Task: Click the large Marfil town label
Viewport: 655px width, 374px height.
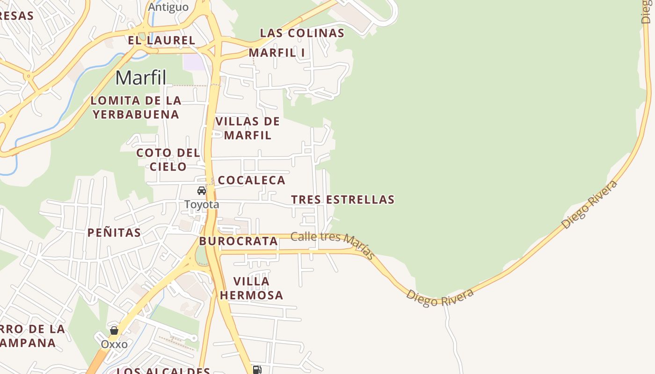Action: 141,78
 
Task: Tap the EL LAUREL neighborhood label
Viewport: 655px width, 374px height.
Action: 161,40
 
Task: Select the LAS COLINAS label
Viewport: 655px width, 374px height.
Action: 302,33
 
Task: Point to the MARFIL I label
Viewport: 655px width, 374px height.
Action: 277,53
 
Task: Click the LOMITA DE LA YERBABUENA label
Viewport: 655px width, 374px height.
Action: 136,107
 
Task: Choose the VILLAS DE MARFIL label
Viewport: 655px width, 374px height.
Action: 247,128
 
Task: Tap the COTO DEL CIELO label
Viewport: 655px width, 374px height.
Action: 168,159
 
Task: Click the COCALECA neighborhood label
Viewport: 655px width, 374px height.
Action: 252,180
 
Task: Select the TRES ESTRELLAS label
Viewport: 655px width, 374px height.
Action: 343,200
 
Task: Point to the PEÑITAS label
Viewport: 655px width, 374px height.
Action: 114,232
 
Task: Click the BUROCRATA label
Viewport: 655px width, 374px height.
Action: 239,241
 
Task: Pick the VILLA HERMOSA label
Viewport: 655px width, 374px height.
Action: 252,288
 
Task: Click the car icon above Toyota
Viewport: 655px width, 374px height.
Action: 202,191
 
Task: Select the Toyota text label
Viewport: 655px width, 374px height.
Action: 202,204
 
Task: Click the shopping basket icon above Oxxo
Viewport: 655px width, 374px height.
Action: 114,331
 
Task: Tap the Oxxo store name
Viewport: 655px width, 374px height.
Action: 114,345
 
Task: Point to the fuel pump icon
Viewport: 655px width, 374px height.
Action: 257,370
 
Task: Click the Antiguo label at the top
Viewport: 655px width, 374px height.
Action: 168,7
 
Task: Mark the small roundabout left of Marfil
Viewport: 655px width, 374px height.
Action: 29,75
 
